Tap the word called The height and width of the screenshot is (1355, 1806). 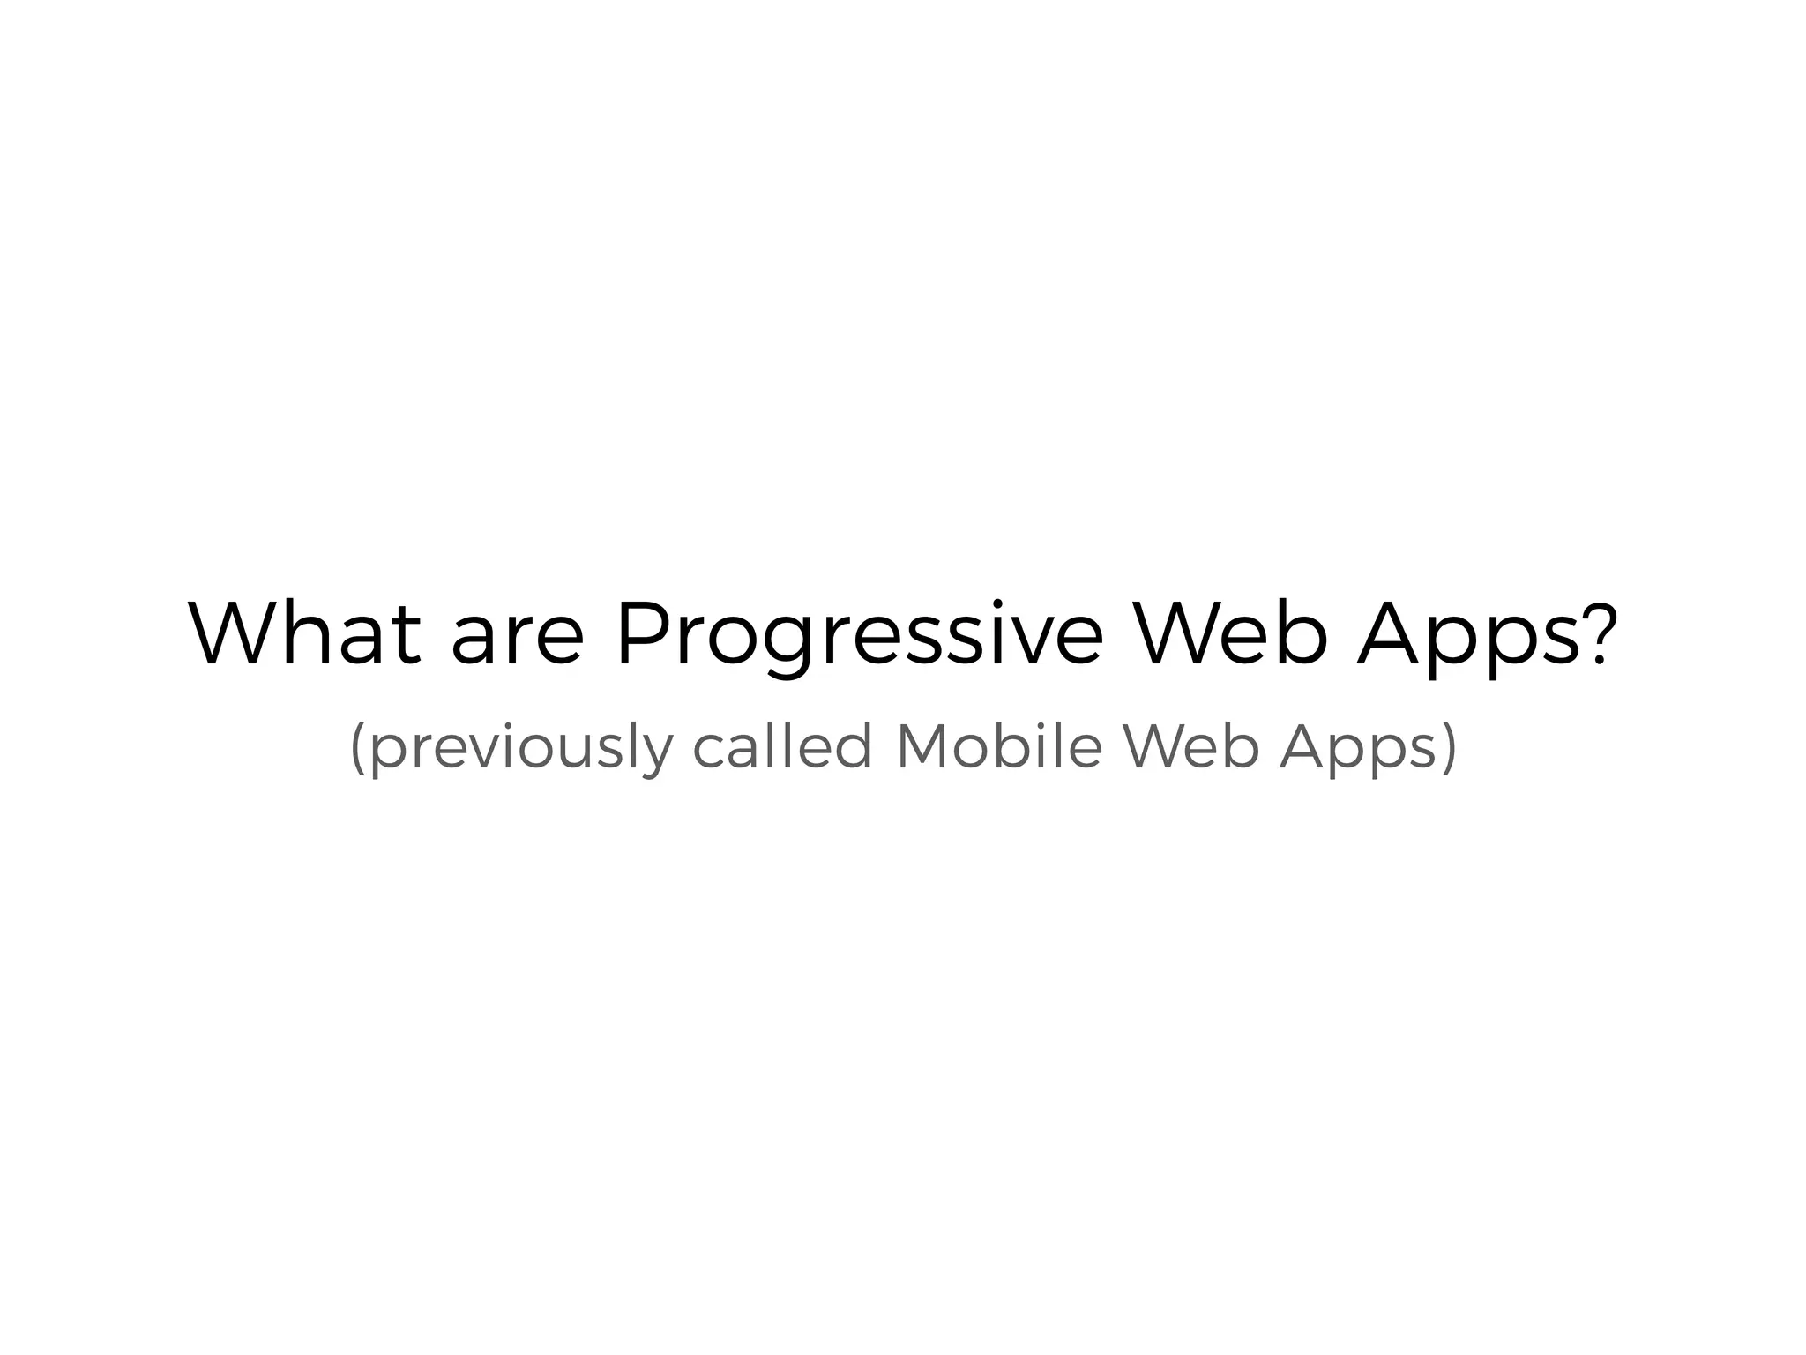782,745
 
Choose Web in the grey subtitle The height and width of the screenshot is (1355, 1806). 1190,745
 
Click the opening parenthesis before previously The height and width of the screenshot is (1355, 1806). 358,748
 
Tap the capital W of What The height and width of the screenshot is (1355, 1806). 233,633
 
